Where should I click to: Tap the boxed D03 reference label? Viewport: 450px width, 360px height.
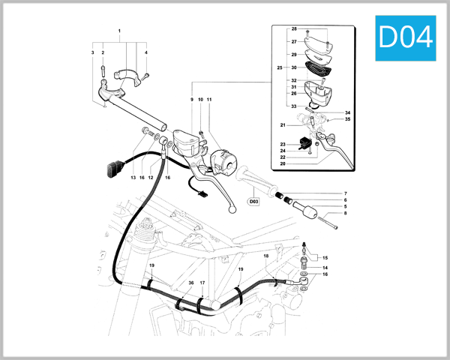[x=253, y=201]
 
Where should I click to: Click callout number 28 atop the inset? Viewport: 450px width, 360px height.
[x=294, y=28]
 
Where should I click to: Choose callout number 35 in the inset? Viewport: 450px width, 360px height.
[x=348, y=119]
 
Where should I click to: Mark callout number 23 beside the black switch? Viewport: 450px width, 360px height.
[x=283, y=144]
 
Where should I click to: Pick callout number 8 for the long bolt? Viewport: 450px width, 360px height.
[x=346, y=214]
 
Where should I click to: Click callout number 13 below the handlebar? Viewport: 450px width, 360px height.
[x=132, y=178]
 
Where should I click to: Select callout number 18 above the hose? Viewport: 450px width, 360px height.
[x=265, y=256]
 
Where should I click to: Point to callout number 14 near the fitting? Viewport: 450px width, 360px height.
[x=325, y=268]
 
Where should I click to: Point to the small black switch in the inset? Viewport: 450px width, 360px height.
[x=304, y=142]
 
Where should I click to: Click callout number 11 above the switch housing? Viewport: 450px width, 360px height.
[x=210, y=100]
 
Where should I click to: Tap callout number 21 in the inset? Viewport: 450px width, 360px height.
[x=283, y=124]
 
